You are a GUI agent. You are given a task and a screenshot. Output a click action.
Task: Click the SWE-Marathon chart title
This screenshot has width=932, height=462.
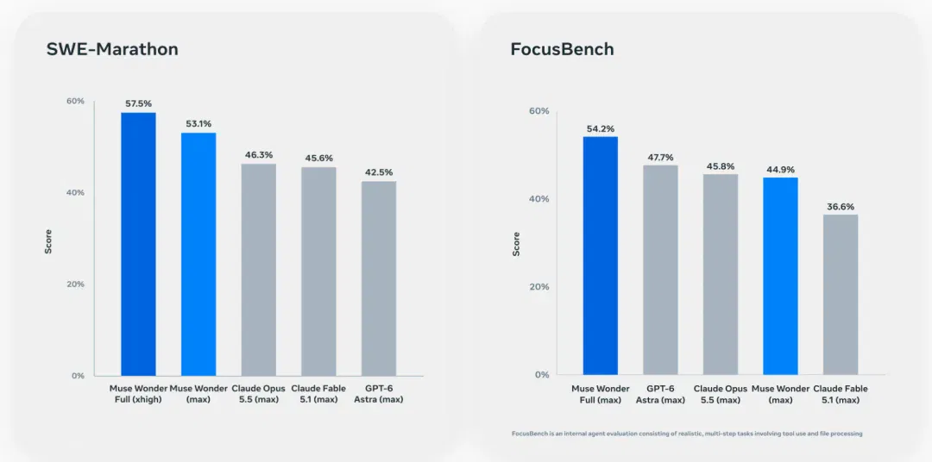(112, 49)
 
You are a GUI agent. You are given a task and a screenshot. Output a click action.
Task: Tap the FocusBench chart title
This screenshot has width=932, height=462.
(563, 49)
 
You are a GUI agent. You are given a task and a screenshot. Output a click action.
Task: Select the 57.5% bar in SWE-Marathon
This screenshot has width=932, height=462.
(138, 244)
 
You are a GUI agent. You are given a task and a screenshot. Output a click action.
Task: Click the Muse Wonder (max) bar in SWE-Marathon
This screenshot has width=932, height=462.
(198, 254)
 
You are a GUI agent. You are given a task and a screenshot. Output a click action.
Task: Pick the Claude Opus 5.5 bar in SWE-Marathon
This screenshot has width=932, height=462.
(259, 270)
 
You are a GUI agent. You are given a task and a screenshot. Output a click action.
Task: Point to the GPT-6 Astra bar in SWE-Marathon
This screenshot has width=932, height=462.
(379, 278)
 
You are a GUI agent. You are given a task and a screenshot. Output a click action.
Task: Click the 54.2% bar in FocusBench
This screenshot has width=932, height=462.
(601, 255)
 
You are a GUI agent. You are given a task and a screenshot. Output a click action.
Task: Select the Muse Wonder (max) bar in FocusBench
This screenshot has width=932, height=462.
(780, 276)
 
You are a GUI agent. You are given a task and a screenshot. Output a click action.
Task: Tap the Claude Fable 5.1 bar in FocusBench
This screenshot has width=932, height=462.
(841, 295)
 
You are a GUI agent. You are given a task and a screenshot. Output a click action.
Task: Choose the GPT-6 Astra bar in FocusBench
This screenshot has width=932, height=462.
(660, 270)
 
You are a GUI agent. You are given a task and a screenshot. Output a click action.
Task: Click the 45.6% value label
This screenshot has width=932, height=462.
(318, 158)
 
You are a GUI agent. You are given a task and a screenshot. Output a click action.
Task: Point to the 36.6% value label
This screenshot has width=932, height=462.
(841, 207)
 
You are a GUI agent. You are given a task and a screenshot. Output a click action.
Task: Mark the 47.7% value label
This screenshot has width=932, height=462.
(660, 158)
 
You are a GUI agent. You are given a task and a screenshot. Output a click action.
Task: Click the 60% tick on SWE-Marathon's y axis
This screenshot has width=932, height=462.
(75, 102)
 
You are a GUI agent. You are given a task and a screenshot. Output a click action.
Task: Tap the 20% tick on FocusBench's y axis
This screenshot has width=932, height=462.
(539, 287)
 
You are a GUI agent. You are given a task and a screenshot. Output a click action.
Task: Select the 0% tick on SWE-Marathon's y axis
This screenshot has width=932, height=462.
(79, 376)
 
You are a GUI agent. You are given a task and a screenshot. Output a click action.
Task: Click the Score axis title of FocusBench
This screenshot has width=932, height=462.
(516, 243)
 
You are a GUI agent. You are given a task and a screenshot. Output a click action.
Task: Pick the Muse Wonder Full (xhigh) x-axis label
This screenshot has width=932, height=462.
(138, 394)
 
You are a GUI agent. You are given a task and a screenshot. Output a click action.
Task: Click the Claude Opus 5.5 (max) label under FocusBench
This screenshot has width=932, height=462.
(721, 394)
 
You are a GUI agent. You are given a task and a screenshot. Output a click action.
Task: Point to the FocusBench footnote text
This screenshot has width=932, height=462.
(687, 434)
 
